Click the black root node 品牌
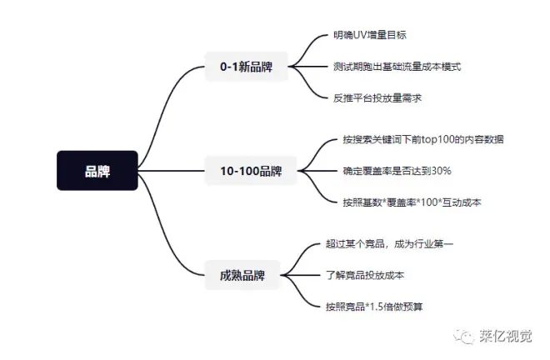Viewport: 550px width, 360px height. pos(97,172)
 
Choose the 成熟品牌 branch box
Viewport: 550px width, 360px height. pos(242,275)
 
